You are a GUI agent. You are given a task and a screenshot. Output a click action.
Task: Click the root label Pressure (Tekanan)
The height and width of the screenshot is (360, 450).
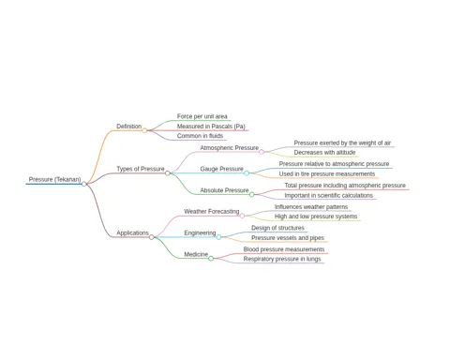54,179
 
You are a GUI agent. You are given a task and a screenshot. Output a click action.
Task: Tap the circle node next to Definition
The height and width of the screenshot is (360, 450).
144,130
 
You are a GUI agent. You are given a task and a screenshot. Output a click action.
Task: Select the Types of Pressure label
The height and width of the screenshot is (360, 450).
141,169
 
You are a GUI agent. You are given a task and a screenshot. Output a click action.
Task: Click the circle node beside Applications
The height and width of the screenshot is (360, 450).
152,237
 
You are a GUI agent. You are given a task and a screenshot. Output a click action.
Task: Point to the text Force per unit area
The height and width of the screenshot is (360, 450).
202,116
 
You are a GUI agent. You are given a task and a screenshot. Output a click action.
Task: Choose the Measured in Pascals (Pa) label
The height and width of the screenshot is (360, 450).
211,127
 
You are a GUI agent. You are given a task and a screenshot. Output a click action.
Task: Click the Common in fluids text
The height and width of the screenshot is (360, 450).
200,136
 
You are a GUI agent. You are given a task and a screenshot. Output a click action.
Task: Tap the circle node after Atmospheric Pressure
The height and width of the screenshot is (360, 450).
262,152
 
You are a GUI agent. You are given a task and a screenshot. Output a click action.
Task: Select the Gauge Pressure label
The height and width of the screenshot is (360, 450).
221,169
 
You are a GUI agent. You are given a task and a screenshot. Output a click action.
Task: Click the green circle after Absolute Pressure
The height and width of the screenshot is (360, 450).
252,194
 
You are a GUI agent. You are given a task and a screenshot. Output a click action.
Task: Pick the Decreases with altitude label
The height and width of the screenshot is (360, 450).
324,153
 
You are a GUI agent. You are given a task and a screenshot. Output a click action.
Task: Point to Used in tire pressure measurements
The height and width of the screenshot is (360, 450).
327,173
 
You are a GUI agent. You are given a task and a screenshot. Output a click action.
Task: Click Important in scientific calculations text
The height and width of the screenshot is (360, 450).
328,195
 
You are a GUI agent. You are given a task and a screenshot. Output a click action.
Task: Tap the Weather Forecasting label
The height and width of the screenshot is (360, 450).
212,212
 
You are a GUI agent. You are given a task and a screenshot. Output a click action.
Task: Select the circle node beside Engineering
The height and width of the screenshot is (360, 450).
218,237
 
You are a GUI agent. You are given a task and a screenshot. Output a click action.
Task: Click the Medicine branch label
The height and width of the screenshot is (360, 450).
196,254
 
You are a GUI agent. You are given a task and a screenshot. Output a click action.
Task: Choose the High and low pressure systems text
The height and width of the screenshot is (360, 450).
316,217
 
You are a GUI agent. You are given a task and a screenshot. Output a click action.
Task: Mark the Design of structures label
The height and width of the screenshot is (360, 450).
277,228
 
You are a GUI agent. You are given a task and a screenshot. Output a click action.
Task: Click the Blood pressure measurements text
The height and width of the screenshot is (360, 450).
284,249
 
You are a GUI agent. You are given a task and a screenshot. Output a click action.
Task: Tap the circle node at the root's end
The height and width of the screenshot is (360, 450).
84,184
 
